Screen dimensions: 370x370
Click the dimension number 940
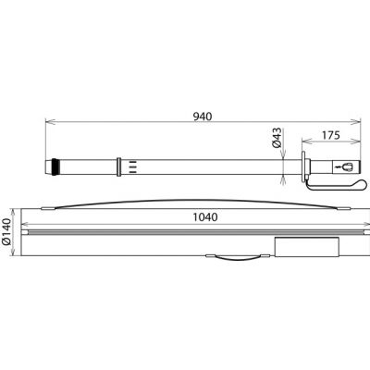tap(203, 117)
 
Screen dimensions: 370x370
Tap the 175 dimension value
tap(331, 135)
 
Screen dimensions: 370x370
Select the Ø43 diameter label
tap(277, 137)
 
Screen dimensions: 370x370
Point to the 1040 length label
tap(205, 217)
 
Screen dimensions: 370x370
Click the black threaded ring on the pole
tap(55, 166)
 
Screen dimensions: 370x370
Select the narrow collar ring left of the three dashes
tap(119, 166)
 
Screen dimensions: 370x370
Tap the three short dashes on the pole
tap(132, 166)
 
